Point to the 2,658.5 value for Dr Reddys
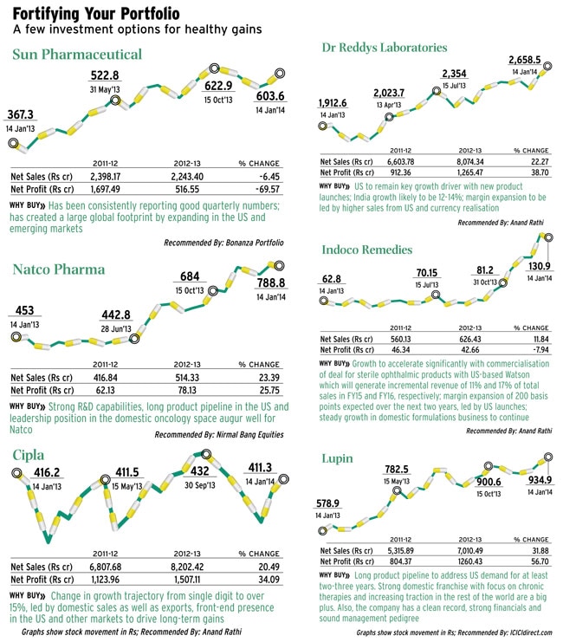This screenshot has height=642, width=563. [x=527, y=58]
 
